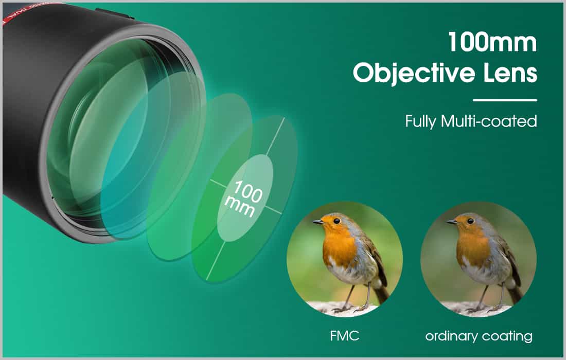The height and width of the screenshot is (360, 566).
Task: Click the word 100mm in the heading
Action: (x=492, y=42)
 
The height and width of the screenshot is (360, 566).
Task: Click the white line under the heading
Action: (x=505, y=100)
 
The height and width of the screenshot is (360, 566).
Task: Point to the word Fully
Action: (x=420, y=122)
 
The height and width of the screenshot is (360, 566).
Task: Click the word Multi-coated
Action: (x=489, y=121)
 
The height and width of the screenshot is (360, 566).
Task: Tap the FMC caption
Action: (x=345, y=336)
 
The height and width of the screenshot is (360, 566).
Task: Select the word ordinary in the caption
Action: (x=451, y=337)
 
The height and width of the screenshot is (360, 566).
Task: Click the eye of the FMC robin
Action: (x=337, y=221)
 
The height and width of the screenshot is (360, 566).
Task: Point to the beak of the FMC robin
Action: (x=318, y=222)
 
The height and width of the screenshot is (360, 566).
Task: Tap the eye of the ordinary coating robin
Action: (x=470, y=221)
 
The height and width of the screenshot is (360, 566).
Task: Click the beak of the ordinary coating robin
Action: (x=452, y=222)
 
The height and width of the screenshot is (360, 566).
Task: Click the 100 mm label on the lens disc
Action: (x=244, y=199)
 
